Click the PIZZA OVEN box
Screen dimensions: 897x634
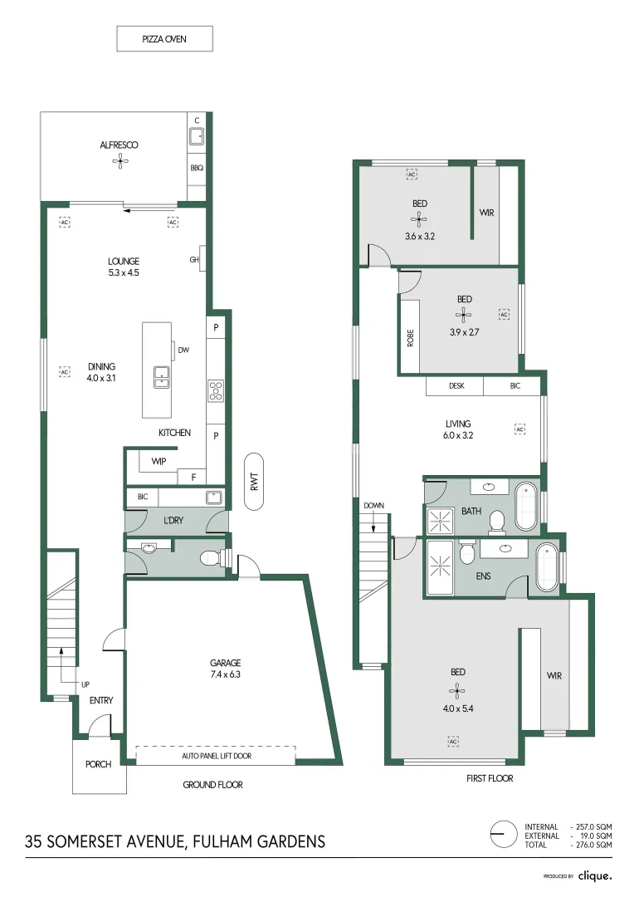pyautogui.click(x=164, y=38)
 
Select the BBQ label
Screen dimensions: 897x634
pyautogui.click(x=197, y=168)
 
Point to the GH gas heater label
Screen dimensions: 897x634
pyautogui.click(x=195, y=260)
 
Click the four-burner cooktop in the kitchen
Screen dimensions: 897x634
pyautogui.click(x=215, y=390)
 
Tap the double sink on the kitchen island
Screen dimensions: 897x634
pyautogui.click(x=162, y=377)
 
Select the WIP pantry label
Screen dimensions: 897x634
pyautogui.click(x=158, y=461)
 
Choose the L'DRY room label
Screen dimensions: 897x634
pyautogui.click(x=173, y=520)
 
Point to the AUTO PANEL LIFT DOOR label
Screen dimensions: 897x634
pyautogui.click(x=216, y=756)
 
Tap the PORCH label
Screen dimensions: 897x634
pyautogui.click(x=98, y=765)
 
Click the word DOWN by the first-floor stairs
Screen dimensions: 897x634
pyautogui.click(x=373, y=505)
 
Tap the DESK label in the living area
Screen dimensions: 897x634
pyautogui.click(x=456, y=386)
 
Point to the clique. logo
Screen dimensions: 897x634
pyautogui.click(x=595, y=875)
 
